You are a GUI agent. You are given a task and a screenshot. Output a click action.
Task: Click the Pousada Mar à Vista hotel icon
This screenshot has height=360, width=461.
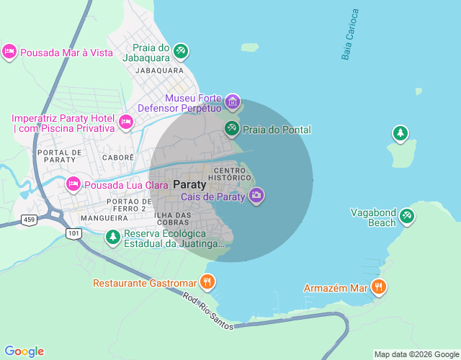tap(9, 52)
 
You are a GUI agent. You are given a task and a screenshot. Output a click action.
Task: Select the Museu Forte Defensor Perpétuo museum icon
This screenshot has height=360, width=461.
tap(232, 102)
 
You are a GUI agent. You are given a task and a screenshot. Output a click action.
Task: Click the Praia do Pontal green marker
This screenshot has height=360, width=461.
tap(232, 129)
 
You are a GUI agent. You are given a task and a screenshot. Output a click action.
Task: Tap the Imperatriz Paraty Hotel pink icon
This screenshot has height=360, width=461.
tap(125, 122)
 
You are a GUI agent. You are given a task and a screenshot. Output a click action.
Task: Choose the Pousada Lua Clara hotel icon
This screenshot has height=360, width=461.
tap(73, 184)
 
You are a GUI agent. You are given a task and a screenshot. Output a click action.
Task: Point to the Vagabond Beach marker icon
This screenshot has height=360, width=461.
tap(407, 215)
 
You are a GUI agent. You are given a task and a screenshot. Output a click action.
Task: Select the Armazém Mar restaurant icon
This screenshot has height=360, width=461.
tap(379, 288)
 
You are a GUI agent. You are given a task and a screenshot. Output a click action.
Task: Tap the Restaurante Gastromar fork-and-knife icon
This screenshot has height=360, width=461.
tap(207, 282)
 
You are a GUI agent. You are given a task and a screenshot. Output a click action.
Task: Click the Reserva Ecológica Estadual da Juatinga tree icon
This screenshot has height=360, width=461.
tap(113, 236)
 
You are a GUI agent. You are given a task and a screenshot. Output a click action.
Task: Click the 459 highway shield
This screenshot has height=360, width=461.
tap(29, 219)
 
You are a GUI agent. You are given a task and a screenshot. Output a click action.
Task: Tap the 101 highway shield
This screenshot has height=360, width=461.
tap(73, 233)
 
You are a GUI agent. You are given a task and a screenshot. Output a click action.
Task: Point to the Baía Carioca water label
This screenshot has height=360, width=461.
tap(350, 35)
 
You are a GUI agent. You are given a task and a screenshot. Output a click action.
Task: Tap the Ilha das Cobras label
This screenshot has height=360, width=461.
tap(172, 219)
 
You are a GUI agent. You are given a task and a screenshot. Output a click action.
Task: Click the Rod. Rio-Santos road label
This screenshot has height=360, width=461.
tap(207, 311)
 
